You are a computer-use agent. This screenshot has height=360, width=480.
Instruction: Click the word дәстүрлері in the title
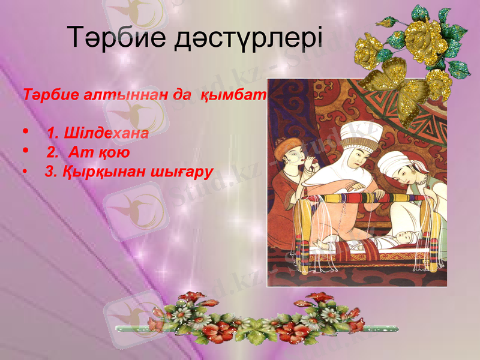click(248, 40)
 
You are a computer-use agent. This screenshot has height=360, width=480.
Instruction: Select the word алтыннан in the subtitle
click(115, 95)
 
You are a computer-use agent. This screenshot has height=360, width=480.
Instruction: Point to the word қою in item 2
click(116, 152)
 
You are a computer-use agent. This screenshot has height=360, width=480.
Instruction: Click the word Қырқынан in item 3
click(96, 172)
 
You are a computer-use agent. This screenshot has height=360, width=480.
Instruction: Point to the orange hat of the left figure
click(292, 146)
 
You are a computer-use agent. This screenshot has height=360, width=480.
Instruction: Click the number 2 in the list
click(50, 152)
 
